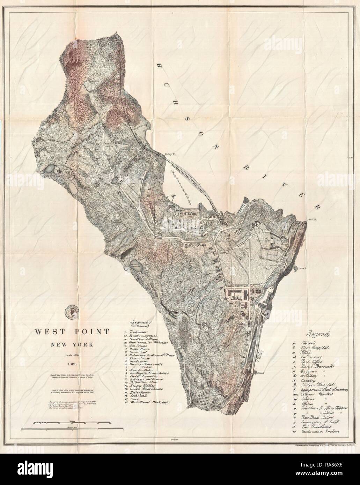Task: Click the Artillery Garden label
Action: (105, 145)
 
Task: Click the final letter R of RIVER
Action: (318, 207)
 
